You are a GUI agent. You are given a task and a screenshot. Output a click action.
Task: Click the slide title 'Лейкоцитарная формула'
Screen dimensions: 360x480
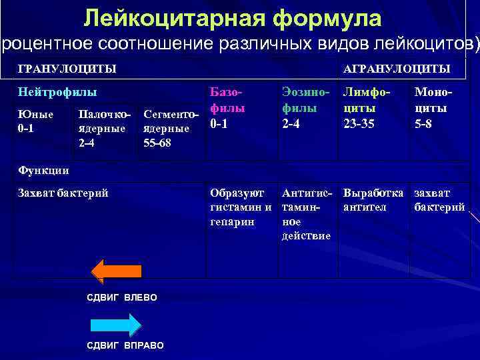pos(233,18)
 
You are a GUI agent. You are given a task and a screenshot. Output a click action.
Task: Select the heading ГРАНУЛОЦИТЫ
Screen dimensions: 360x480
pos(67,69)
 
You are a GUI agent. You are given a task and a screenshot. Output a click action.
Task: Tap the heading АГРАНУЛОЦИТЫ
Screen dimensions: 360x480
pos(396,69)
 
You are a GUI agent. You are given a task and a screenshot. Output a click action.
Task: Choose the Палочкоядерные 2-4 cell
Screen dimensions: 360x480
pos(104,128)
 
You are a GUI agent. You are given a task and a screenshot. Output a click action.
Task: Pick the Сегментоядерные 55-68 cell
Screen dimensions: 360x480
pos(171,128)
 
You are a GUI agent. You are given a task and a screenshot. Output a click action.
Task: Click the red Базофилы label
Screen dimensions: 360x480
pos(227,101)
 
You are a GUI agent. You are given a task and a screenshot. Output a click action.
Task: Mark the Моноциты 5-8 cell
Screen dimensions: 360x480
pos(431,107)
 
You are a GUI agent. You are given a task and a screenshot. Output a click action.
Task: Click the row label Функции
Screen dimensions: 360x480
pos(43,170)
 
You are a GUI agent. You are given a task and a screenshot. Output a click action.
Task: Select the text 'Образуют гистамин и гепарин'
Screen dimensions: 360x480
pos(241,207)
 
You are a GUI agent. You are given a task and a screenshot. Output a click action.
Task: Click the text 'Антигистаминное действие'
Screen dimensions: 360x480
pos(307,214)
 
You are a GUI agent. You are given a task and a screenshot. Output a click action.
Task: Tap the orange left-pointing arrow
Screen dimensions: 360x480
pos(116,271)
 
